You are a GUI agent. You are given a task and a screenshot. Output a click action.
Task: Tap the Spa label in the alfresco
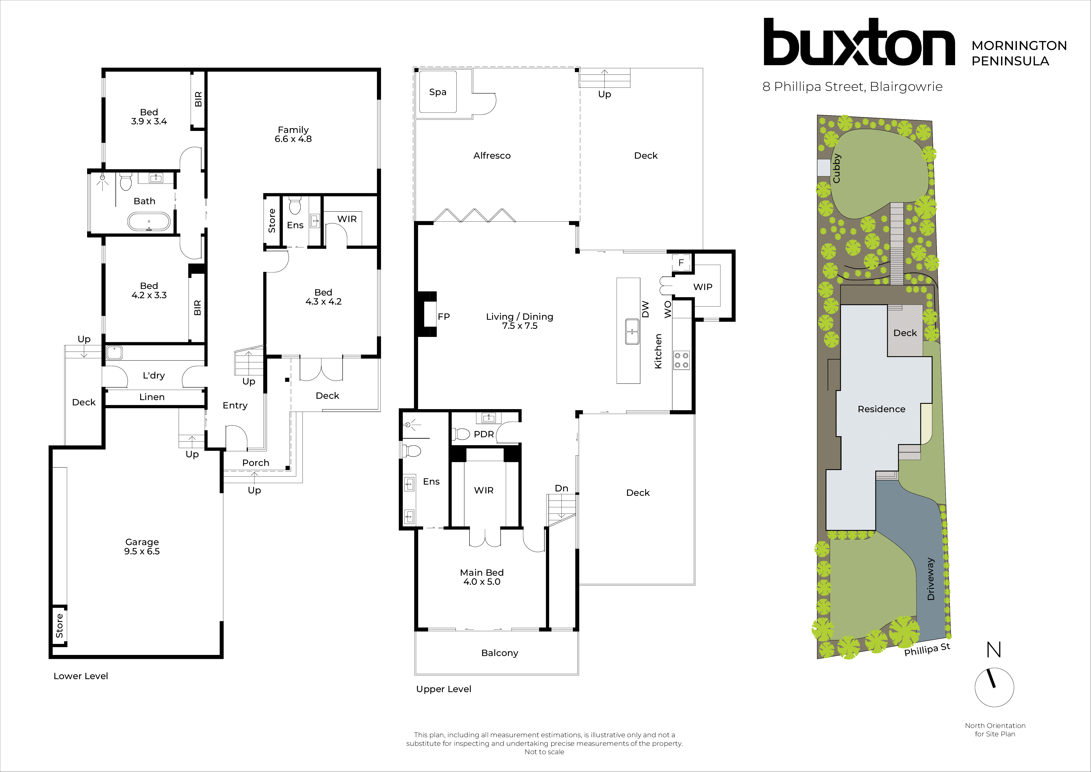[x=438, y=92]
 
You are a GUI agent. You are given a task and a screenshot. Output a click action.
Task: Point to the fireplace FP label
[x=443, y=317]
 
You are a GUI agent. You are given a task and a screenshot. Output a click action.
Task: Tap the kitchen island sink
[x=632, y=331]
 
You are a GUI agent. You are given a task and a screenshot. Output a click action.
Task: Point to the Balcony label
[x=499, y=653]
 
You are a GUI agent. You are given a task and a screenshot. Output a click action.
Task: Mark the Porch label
[x=256, y=463]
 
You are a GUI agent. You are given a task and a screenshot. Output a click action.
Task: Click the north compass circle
[x=994, y=687]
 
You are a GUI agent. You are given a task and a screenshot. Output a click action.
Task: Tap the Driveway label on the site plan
[x=930, y=579]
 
